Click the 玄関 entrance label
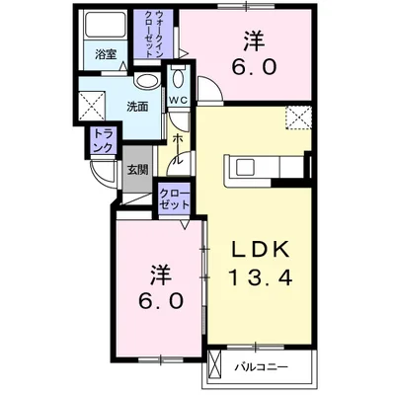click(x=137, y=170)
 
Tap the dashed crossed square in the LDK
click(x=297, y=117)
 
